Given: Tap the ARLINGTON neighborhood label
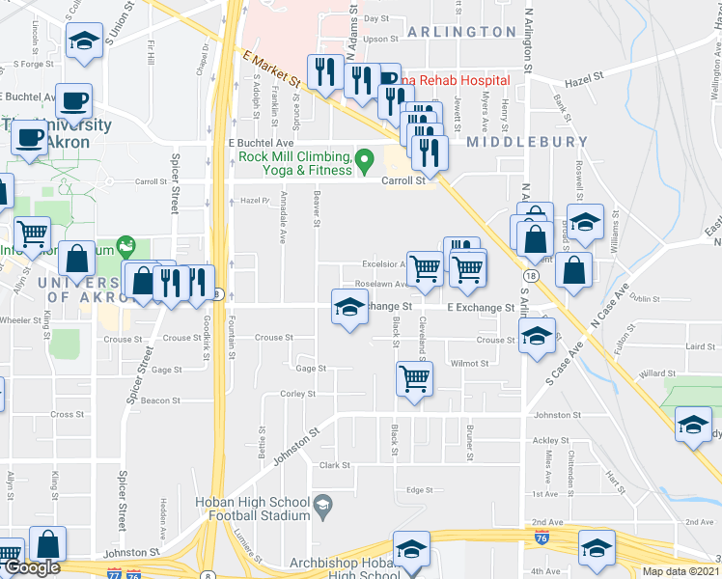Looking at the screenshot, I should [461, 32].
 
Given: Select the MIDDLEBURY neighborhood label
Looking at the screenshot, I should [527, 142].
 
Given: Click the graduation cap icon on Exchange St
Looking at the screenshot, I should [349, 308].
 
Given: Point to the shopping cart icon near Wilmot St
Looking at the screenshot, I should [414, 379].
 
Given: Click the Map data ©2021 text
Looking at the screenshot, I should [681, 571].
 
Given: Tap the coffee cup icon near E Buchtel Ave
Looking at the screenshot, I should [74, 100].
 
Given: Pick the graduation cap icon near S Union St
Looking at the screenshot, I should [84, 41].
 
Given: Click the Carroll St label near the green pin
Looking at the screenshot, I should [403, 180].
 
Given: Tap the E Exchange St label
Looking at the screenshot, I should [480, 308].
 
